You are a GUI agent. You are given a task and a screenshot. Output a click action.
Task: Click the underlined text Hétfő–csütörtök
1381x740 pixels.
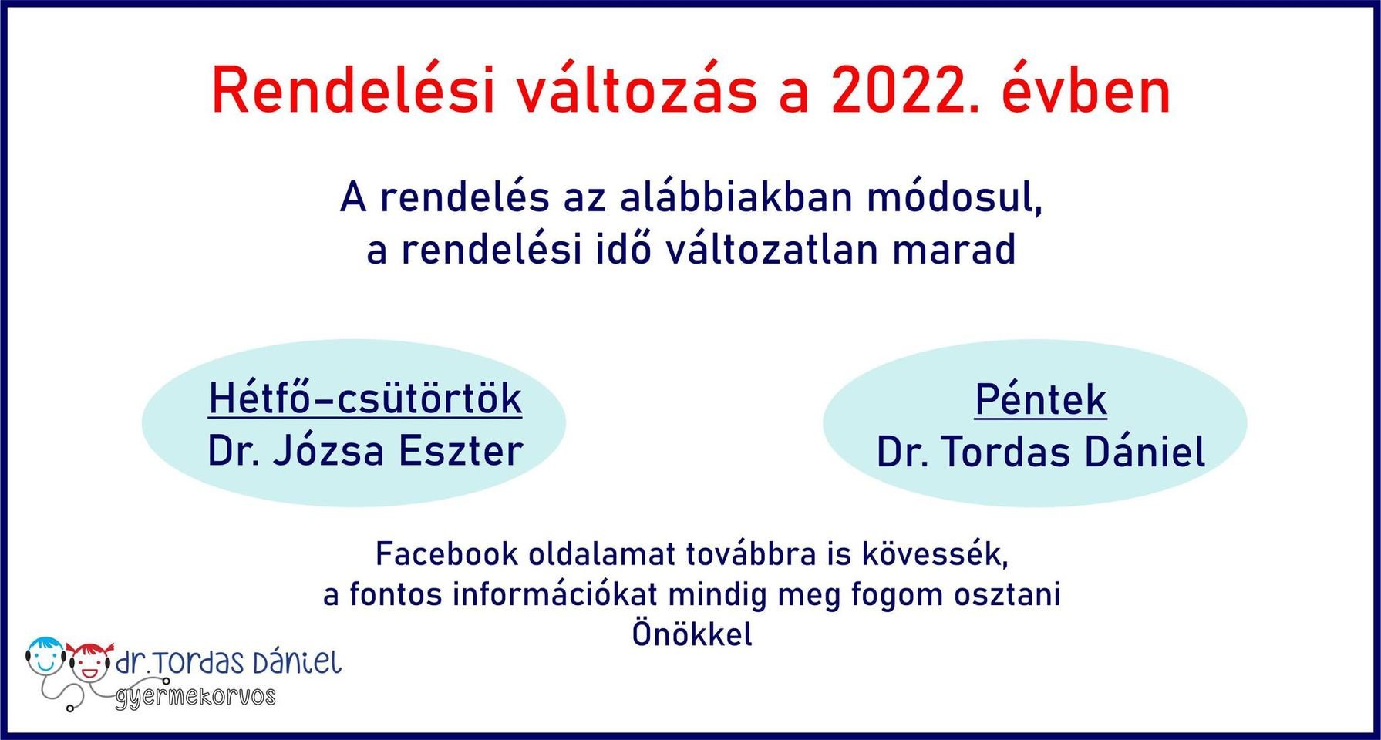[365, 399]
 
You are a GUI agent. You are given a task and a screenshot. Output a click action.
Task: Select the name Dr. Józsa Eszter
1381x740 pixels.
[365, 451]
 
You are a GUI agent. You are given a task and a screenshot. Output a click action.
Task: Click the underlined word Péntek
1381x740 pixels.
[1040, 399]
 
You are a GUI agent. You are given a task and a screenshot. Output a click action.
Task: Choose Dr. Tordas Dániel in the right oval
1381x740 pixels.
[1040, 452]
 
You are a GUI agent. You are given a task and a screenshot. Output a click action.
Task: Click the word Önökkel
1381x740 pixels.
[692, 635]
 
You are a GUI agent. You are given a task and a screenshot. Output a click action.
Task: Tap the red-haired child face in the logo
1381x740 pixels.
[89, 661]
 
